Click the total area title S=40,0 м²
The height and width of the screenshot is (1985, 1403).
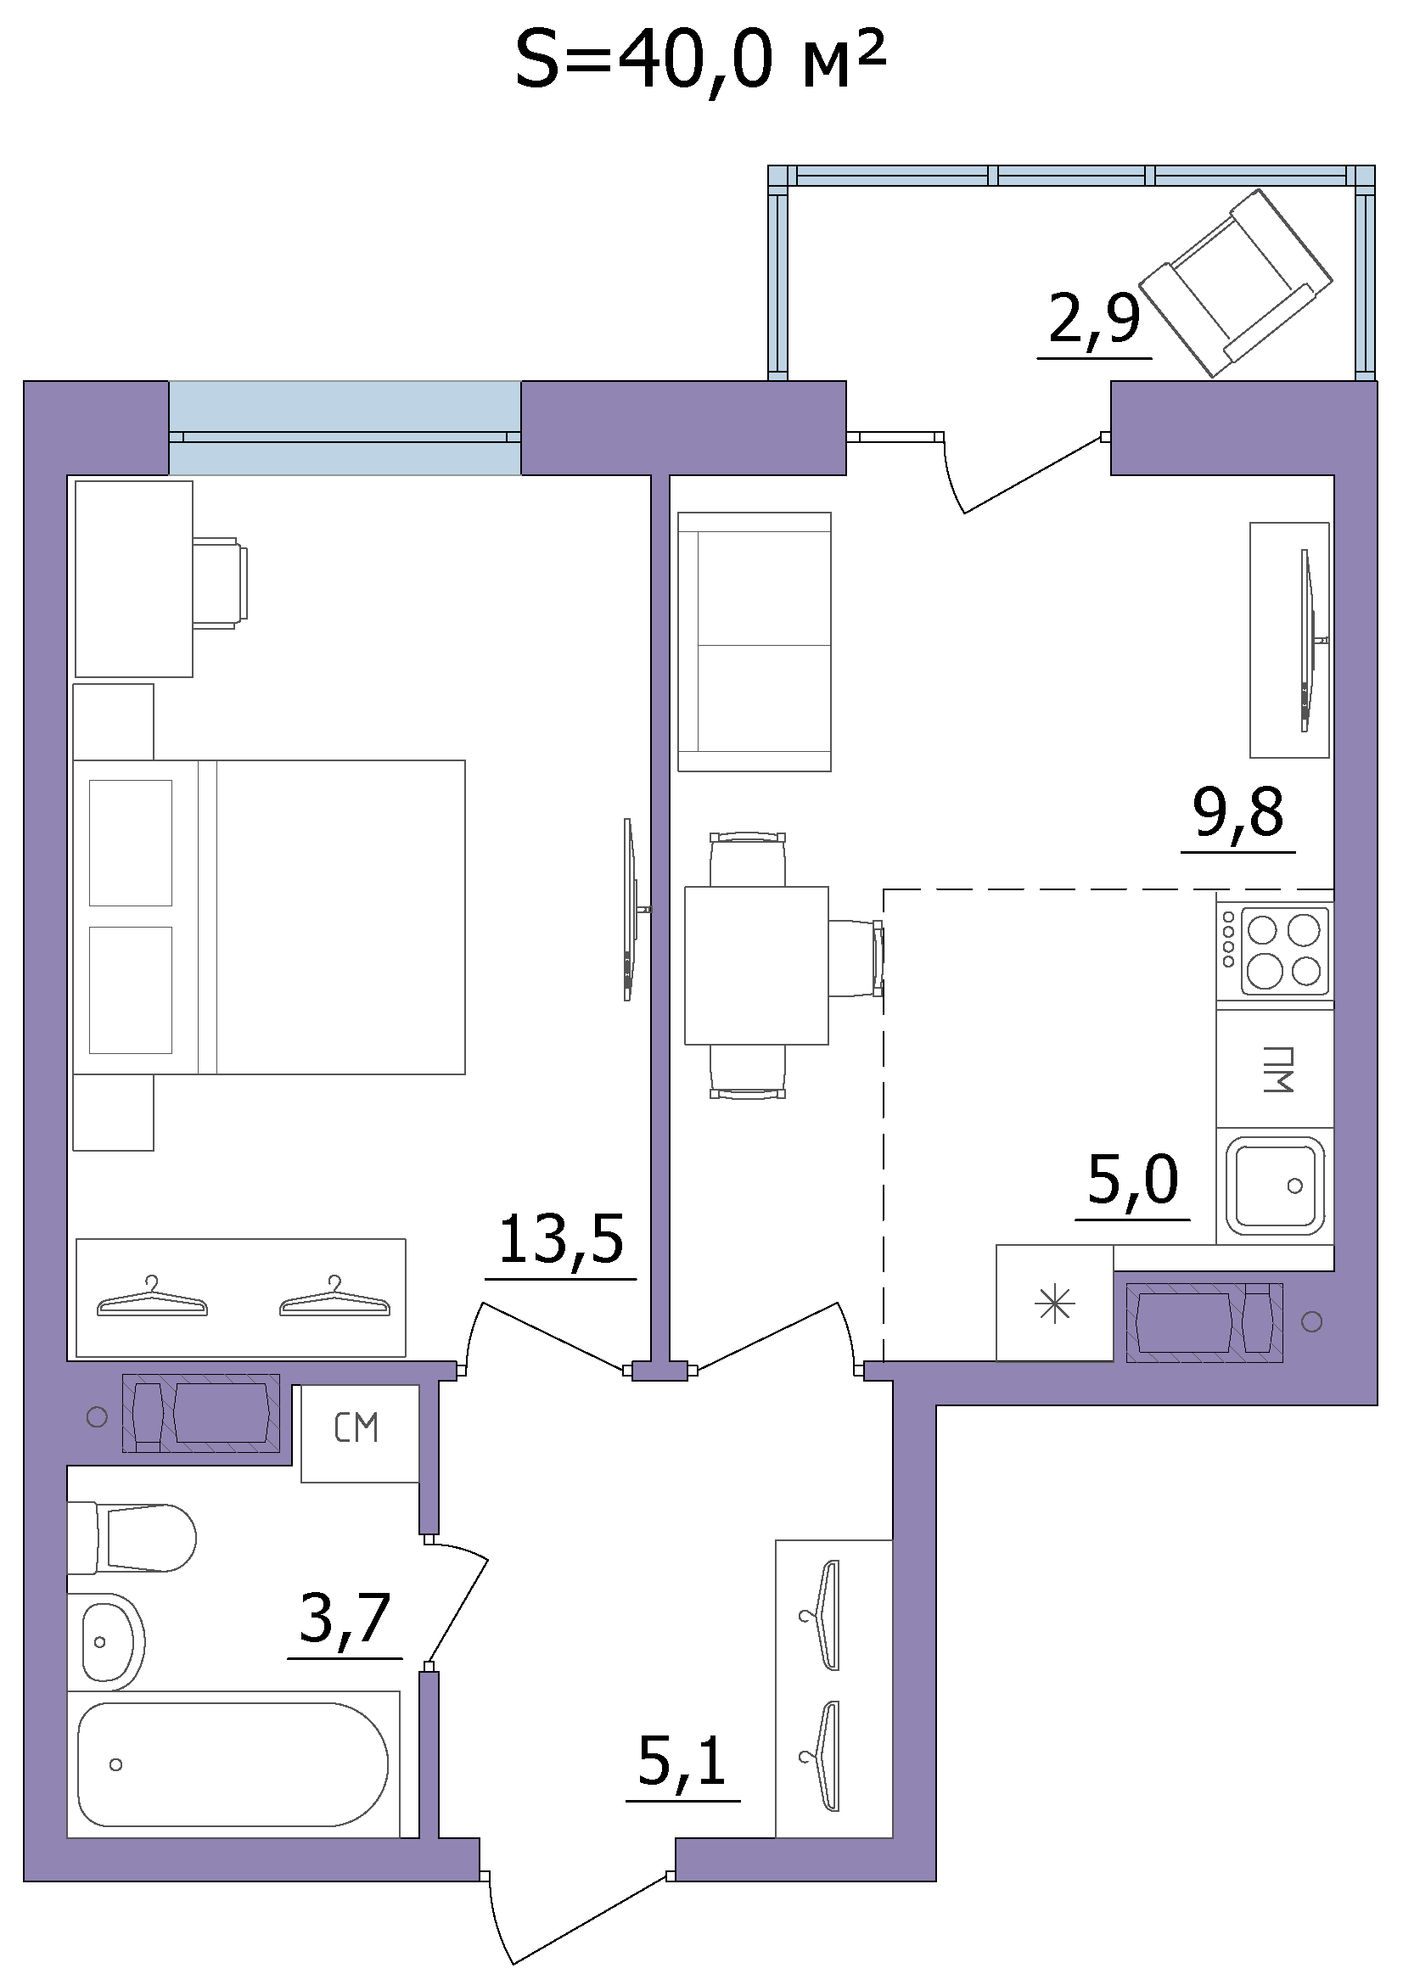click(x=700, y=59)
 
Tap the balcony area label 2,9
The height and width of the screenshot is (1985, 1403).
click(x=1094, y=319)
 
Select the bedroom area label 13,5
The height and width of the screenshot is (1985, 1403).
click(x=561, y=1239)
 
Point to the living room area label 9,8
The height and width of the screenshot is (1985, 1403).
click(x=1237, y=814)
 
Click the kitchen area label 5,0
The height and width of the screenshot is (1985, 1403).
click(x=1132, y=1180)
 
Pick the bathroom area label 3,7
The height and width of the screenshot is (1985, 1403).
click(x=345, y=1618)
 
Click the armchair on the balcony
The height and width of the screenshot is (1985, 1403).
click(x=1236, y=283)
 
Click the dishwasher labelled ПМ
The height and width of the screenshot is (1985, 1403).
click(x=1275, y=1068)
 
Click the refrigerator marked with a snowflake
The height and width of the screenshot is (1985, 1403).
click(x=1055, y=1303)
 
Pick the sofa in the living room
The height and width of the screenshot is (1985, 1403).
click(x=755, y=642)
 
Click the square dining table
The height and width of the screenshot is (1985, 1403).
click(x=756, y=965)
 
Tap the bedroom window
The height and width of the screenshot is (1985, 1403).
click(x=345, y=428)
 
